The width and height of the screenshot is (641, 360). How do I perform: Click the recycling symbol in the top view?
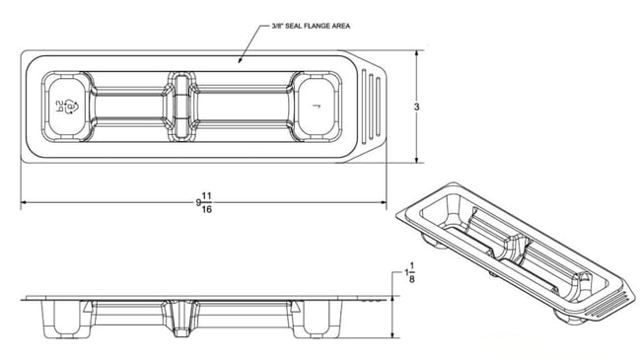pos(61,106)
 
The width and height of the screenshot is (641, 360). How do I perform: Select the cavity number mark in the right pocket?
pos(315,105)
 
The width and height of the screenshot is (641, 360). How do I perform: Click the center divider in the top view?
pos(179,105)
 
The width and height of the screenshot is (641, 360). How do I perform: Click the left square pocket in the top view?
pos(69,106)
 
